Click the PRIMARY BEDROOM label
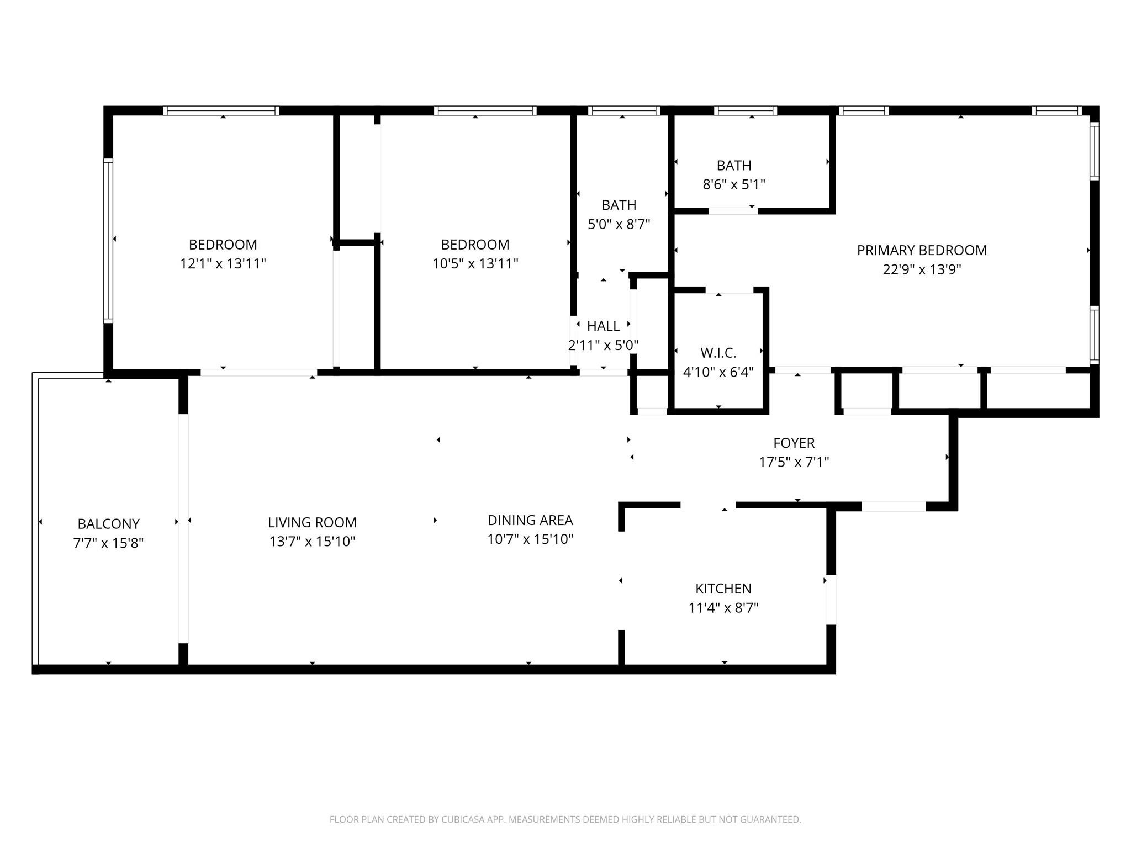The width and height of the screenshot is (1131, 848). [921, 250]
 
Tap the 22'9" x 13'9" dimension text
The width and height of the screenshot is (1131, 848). [921, 269]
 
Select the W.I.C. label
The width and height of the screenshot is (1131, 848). [718, 353]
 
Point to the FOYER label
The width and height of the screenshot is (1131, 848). [794, 443]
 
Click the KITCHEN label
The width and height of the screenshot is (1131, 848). [723, 589]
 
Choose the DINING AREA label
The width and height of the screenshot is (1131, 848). [530, 520]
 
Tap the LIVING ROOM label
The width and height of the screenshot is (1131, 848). [312, 522]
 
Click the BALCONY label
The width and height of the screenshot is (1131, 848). [108, 524]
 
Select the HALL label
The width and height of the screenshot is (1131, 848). [603, 326]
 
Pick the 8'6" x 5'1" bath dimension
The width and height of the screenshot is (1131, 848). [733, 184]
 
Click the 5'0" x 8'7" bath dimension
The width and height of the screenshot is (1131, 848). [619, 224]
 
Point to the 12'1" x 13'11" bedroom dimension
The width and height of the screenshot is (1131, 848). [223, 263]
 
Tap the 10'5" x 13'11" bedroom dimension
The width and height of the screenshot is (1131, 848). [475, 263]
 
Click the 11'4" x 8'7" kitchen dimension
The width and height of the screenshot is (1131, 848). [723, 608]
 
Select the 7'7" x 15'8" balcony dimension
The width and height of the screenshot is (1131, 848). [108, 543]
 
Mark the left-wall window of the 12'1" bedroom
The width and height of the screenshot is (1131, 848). [108, 240]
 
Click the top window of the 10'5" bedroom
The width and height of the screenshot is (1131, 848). [485, 110]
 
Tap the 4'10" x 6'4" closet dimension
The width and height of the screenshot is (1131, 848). [718, 372]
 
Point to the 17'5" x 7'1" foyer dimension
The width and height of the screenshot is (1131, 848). [794, 462]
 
